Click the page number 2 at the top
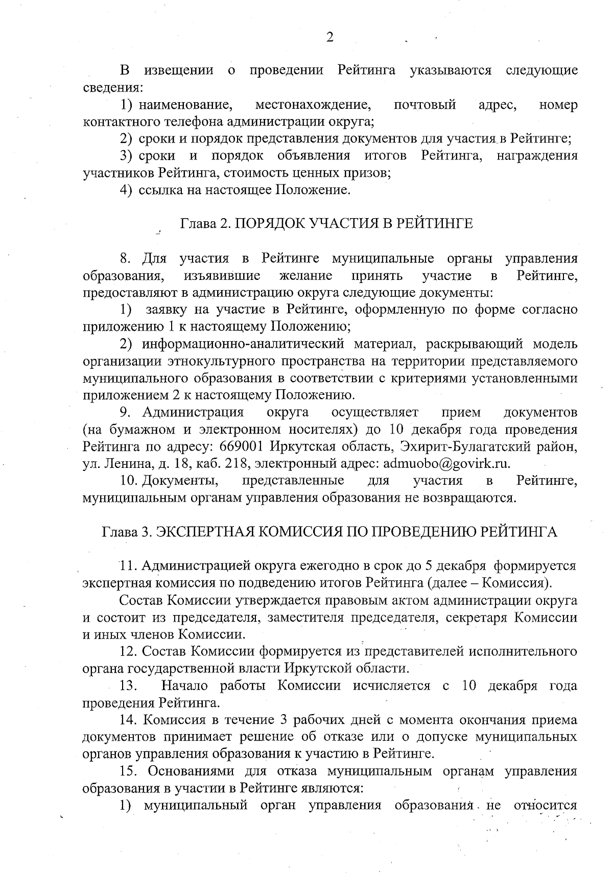pos(329,38)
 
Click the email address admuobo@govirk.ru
pos(446,463)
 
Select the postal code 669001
pos(241,446)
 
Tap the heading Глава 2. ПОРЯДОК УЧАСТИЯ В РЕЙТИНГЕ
pos(326,224)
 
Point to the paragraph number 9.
pos(125,412)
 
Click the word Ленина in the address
pos(123,463)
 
